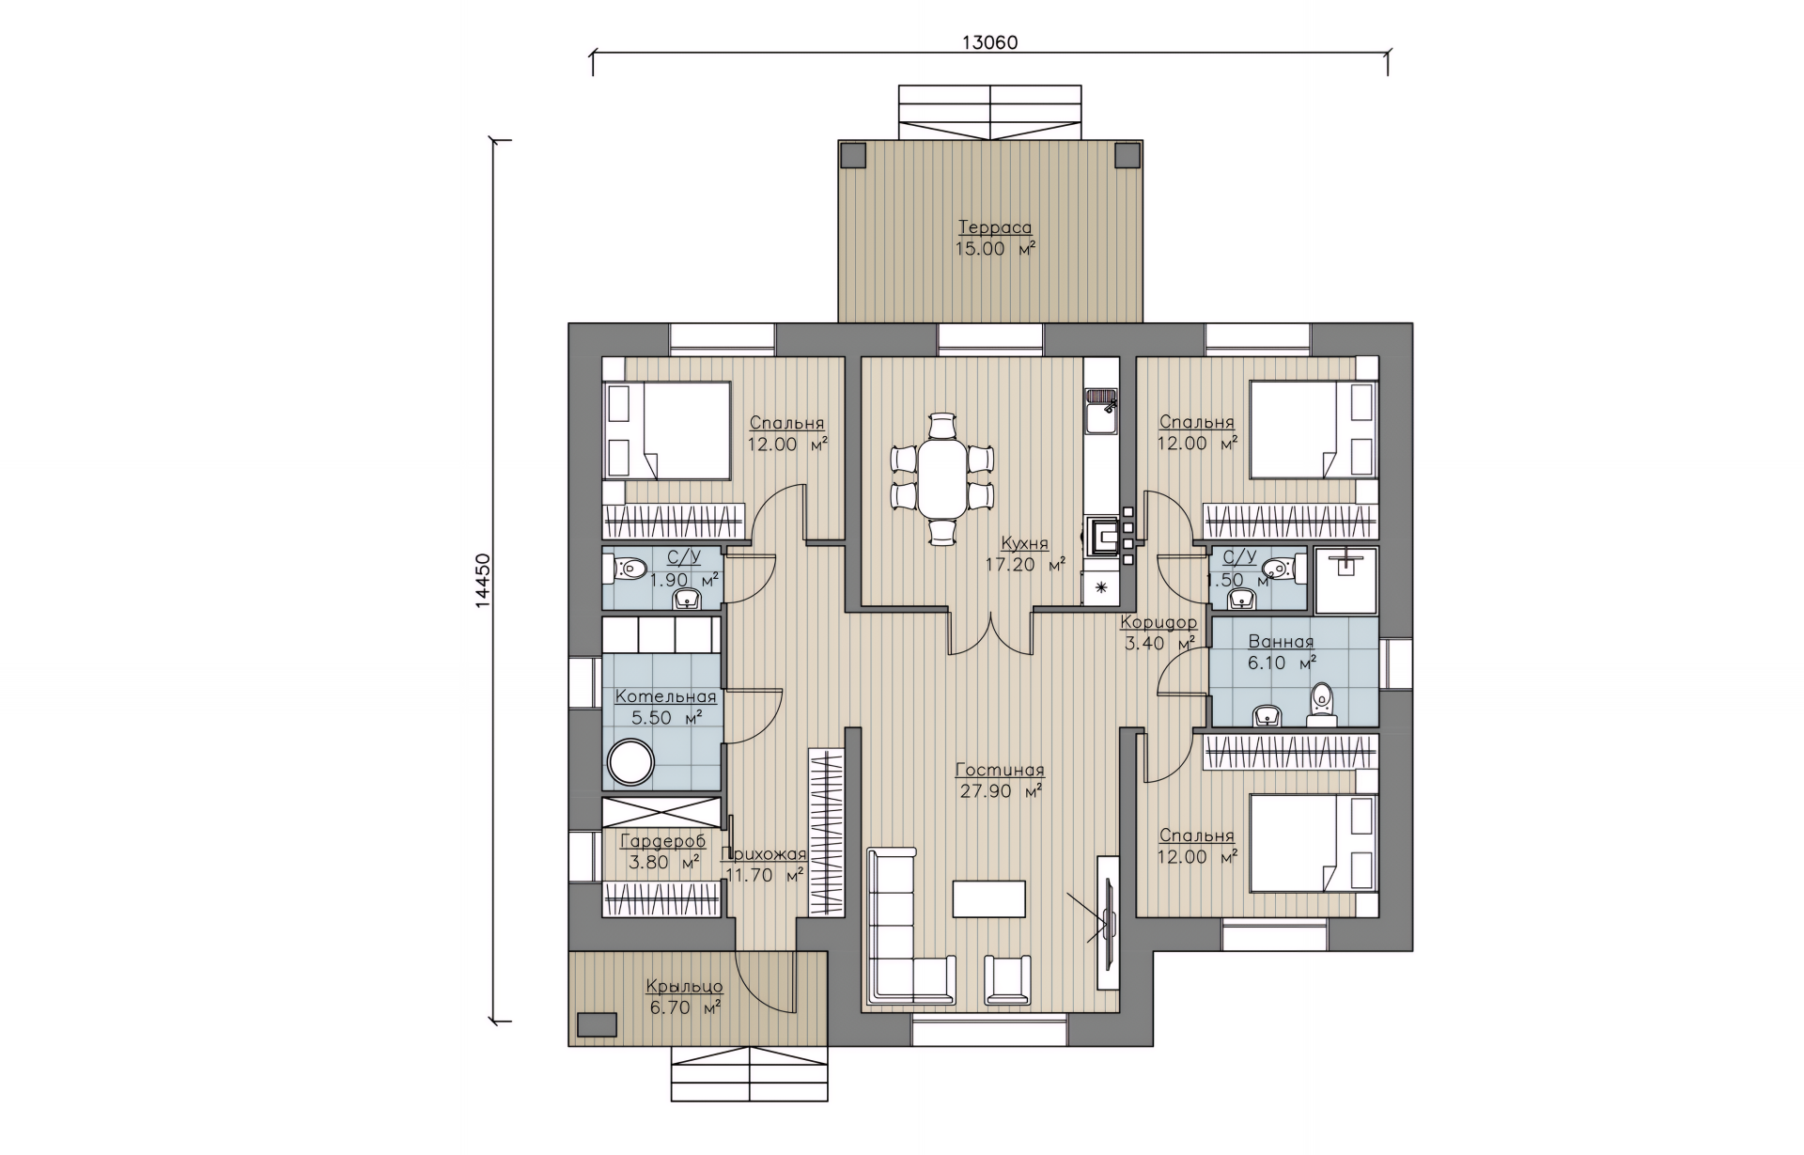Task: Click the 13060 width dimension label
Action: (x=990, y=42)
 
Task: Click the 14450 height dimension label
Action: (x=484, y=582)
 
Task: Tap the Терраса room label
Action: (x=995, y=227)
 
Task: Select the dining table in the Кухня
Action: (x=941, y=478)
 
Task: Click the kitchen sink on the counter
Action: (x=1100, y=411)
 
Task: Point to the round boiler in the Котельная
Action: (x=630, y=762)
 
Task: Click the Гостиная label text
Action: (x=1000, y=771)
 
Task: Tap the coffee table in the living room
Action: (x=989, y=898)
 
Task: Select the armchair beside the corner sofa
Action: (x=1005, y=979)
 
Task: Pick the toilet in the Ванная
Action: (x=1322, y=704)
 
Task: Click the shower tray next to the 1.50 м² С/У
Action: (x=1346, y=578)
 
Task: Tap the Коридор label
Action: (x=1159, y=622)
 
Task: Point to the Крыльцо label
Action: (x=684, y=987)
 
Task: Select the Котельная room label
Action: (x=665, y=696)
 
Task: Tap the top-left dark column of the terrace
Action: (x=853, y=154)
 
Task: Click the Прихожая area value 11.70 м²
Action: (x=764, y=875)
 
